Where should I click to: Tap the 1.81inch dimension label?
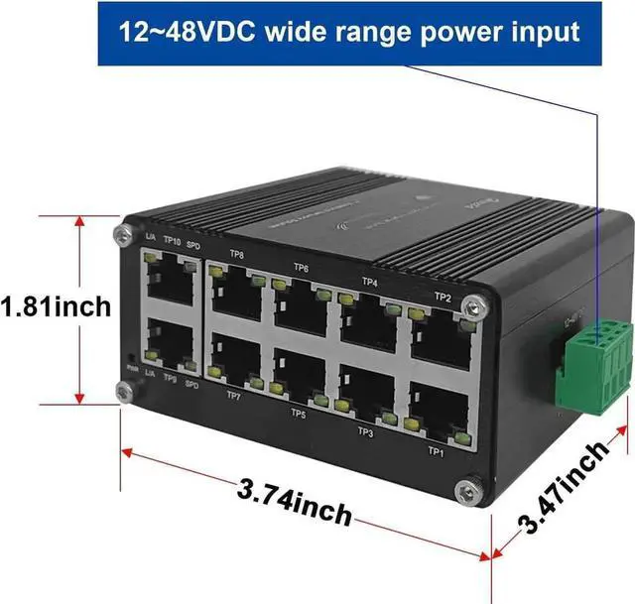[x=56, y=306]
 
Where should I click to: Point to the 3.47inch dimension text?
[x=564, y=488]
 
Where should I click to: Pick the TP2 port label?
[x=443, y=297]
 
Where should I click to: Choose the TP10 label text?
[x=171, y=241]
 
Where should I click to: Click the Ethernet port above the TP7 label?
[x=236, y=359]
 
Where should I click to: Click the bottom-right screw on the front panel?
[x=465, y=490]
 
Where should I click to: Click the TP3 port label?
[x=365, y=431]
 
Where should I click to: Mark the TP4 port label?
[x=370, y=282]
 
